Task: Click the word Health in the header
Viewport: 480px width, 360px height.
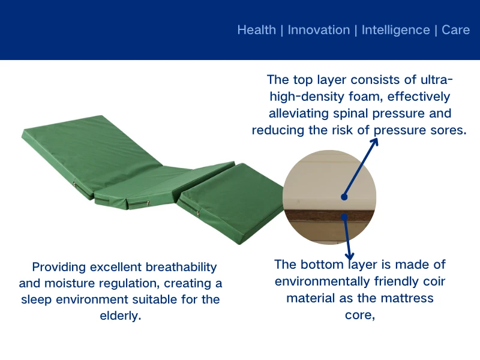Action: [x=256, y=30]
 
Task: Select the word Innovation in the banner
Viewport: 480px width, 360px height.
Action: [x=319, y=30]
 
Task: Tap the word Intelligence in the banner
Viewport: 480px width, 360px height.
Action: [x=395, y=30]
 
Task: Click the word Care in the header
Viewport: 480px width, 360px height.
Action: [x=455, y=30]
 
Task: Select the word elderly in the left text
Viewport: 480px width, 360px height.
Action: [x=119, y=316]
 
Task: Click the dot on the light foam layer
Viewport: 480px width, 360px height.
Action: [x=344, y=196]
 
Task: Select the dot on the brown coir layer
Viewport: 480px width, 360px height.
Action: [x=344, y=217]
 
